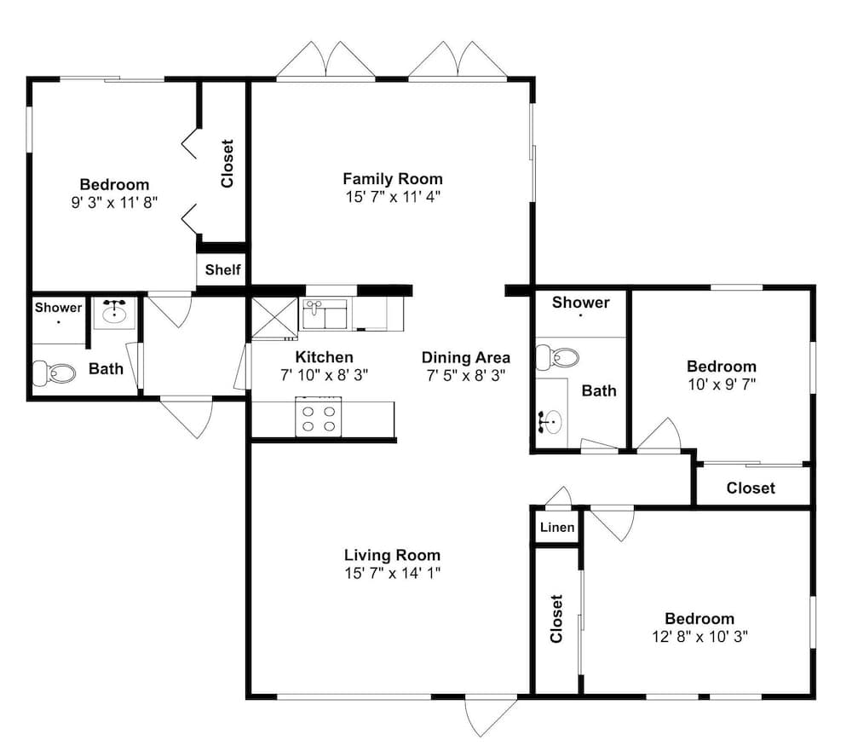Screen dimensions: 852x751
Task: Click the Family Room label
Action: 392,178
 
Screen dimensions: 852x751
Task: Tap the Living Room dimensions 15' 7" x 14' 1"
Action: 392,573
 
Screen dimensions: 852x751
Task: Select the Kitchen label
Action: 325,356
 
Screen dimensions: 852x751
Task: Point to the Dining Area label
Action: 466,357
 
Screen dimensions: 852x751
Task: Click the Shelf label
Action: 222,269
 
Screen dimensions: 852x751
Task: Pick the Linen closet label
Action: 557,527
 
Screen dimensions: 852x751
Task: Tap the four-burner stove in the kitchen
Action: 319,417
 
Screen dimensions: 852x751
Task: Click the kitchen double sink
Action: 325,314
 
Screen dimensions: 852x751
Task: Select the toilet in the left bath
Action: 54,373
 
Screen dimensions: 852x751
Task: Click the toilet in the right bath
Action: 557,357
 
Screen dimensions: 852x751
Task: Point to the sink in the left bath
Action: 114,313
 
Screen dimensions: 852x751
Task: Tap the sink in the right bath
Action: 552,421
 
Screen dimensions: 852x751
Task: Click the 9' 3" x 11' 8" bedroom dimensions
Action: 114,202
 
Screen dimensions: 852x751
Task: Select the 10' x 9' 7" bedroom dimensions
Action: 722,384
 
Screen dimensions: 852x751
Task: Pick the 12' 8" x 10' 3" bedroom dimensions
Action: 699,636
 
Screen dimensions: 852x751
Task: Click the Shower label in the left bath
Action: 58,307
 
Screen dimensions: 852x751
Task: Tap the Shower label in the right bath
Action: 580,303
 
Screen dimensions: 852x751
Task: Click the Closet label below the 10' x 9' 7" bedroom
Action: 751,488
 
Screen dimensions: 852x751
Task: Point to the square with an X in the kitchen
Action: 274,318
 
